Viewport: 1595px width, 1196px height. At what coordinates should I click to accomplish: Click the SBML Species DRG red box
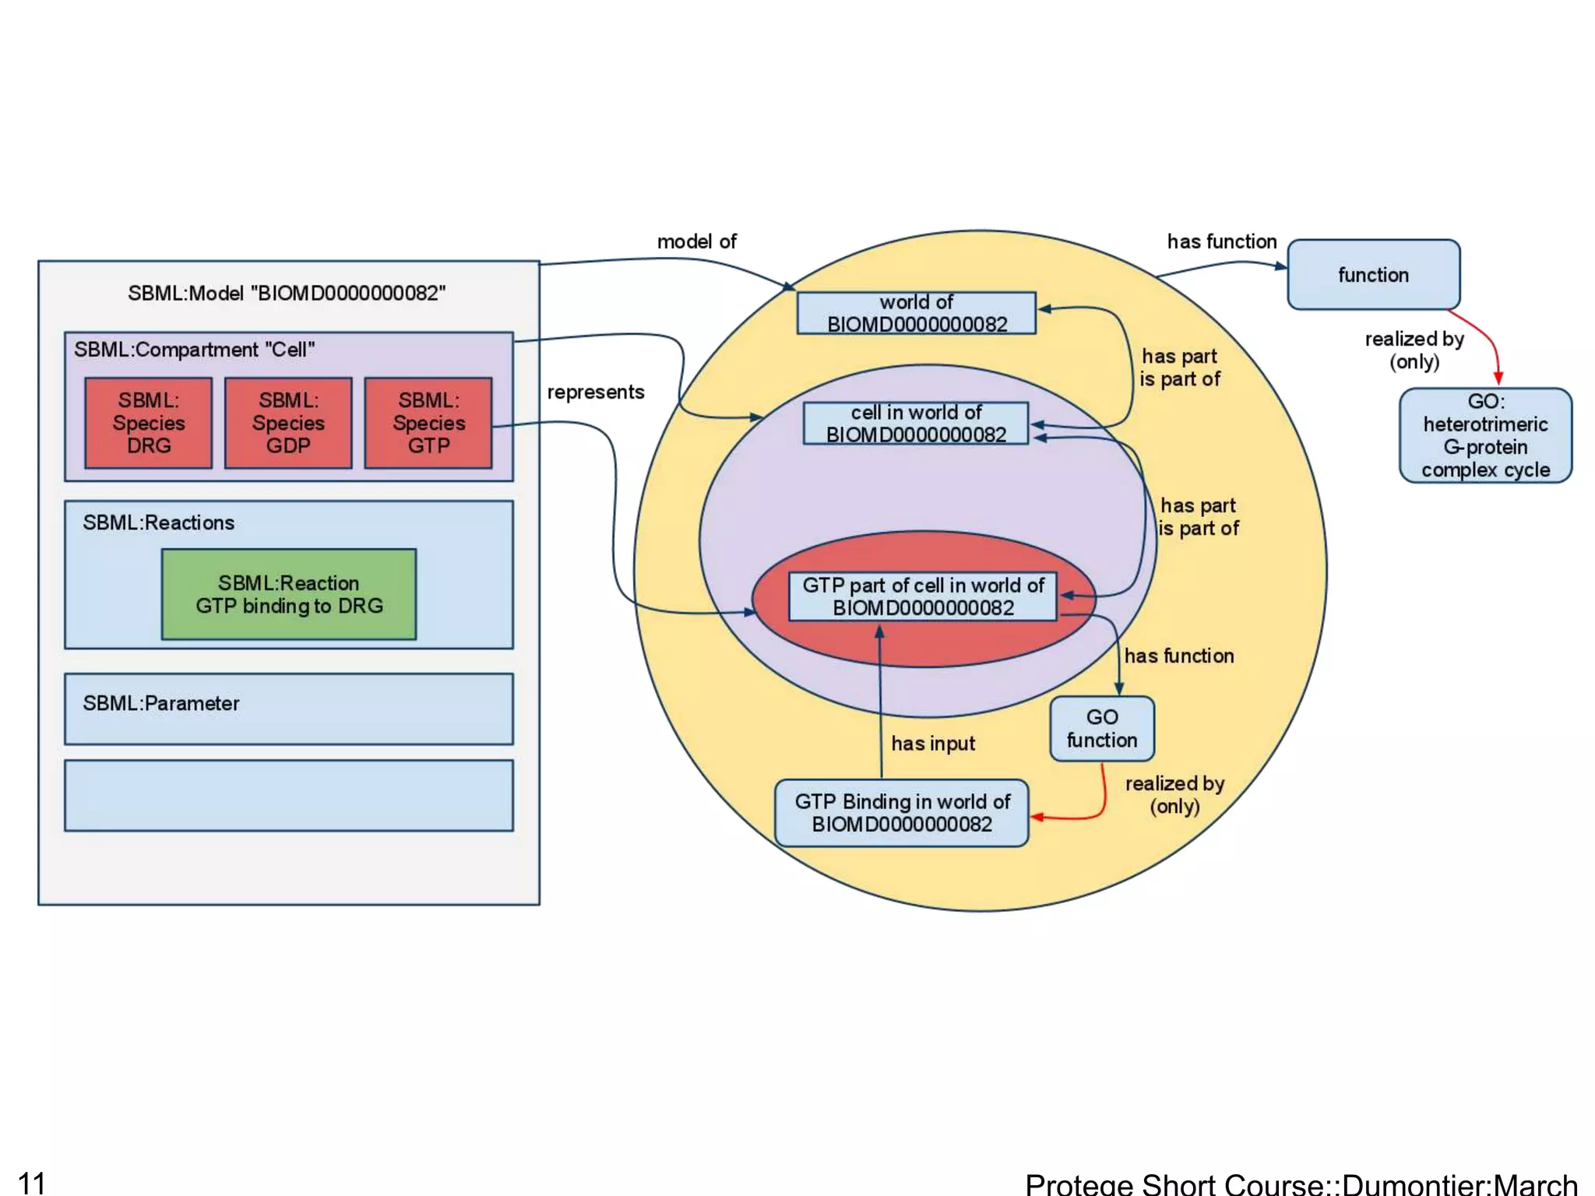click(148, 423)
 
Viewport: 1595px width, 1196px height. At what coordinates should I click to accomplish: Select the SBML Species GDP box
click(288, 423)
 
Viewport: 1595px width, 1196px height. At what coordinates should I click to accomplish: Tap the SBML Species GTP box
click(428, 423)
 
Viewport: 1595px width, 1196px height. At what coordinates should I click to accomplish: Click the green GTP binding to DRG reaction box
click(289, 594)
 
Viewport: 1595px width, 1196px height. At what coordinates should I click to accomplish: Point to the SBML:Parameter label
click(161, 703)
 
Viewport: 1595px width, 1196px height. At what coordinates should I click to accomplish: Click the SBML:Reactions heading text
click(159, 522)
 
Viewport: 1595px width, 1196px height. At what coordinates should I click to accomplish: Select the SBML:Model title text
click(287, 293)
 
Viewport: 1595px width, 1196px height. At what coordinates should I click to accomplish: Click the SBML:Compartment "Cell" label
click(195, 350)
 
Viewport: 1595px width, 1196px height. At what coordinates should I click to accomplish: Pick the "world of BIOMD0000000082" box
click(917, 313)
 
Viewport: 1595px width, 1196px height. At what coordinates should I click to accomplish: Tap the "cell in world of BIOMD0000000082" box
click(916, 424)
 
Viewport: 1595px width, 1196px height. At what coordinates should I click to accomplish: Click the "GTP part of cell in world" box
click(923, 596)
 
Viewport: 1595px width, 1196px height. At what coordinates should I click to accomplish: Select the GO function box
click(1102, 729)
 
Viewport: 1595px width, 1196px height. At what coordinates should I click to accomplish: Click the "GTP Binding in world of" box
click(902, 813)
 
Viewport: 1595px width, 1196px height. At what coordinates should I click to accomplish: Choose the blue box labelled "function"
click(1374, 275)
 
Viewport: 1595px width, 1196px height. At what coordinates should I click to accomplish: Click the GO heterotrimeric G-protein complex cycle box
click(1485, 436)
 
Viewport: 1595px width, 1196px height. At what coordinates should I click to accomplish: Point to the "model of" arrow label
click(697, 241)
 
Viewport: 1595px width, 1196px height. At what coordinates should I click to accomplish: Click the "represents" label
click(596, 392)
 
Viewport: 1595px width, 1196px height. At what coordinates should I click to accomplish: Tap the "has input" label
click(933, 744)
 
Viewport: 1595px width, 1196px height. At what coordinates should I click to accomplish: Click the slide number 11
click(32, 1182)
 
